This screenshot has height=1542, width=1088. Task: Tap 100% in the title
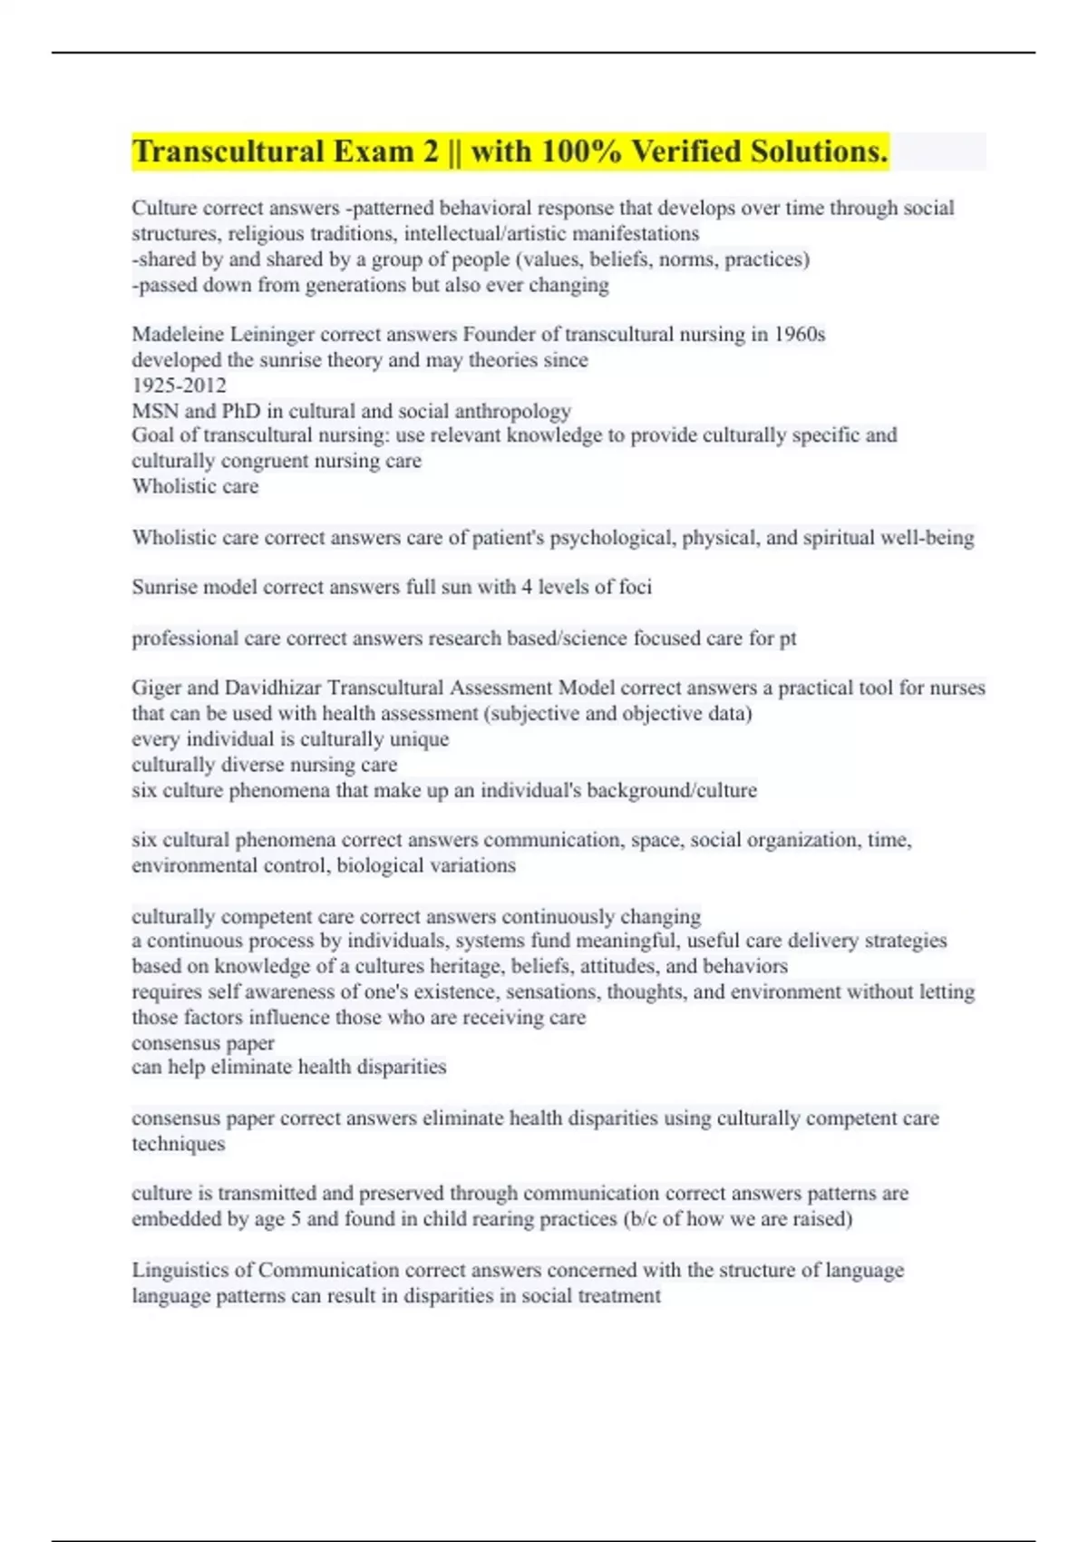pos(581,151)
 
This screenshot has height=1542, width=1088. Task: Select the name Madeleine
pos(177,335)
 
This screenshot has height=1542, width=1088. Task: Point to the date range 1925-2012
pos(179,385)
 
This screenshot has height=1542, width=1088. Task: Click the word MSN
pos(154,411)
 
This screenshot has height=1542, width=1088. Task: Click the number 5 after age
pos(296,1219)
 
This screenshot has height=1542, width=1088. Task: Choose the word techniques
pos(178,1144)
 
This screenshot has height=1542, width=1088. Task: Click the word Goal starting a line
pos(151,435)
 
